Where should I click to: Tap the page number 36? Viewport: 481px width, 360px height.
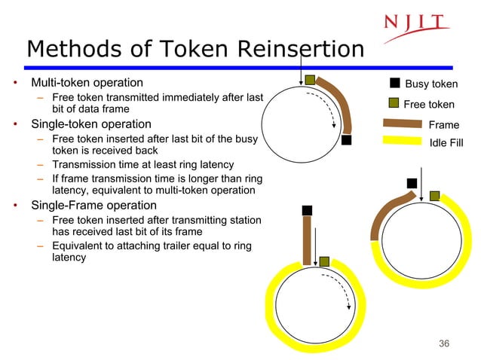pos(443,344)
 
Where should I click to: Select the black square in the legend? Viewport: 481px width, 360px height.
pos(394,83)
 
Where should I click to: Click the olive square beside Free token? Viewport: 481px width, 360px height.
pos(394,103)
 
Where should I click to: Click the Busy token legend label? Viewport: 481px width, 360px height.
pos(431,84)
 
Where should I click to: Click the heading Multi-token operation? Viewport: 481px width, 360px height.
pos(86,82)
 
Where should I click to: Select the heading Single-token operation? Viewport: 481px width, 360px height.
pos(90,124)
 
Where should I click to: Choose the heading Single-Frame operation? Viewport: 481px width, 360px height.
pos(93,205)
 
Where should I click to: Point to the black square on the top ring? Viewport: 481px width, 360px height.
pos(346,139)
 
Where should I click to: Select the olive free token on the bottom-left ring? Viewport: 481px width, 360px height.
pos(324,261)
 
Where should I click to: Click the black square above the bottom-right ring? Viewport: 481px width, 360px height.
pos(411,182)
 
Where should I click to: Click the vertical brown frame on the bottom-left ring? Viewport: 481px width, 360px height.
pos(307,240)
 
